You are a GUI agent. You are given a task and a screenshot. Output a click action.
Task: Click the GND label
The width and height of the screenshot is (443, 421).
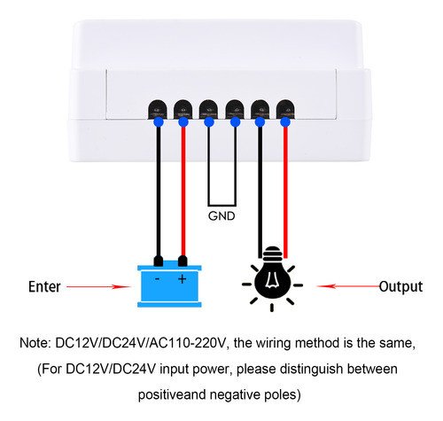click(x=221, y=215)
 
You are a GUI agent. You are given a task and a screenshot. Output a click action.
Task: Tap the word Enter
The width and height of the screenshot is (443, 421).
click(x=45, y=287)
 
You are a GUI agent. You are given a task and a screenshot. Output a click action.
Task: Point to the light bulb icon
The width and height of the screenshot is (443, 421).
click(x=272, y=279)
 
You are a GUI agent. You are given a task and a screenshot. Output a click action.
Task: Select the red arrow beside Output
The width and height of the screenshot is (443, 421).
click(x=346, y=286)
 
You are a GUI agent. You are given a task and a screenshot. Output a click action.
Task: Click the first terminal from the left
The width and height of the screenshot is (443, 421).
click(x=158, y=111)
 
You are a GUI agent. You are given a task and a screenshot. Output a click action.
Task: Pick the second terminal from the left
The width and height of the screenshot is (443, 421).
click(x=183, y=111)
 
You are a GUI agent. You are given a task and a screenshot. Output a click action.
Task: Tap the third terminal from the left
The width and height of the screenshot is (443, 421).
click(x=209, y=111)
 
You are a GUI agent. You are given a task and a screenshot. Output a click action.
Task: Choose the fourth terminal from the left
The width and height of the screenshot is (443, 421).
click(x=235, y=111)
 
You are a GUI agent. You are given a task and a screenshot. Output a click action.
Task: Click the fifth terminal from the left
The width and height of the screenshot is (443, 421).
click(x=260, y=111)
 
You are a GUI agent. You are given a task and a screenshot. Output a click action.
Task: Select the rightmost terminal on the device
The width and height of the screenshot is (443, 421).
click(x=285, y=111)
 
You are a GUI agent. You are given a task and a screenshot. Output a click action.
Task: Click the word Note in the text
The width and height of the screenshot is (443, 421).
click(x=36, y=341)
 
